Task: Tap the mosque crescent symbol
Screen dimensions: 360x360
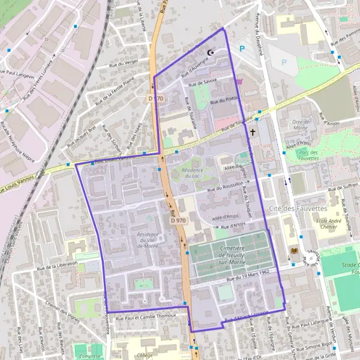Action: pos(210,53)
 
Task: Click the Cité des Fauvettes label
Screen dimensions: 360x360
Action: pos(298,208)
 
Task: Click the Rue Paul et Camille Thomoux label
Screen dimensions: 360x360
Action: pos(145,315)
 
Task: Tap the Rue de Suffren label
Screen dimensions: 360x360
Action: pos(342,190)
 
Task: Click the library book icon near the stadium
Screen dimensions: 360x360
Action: pos(293,250)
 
